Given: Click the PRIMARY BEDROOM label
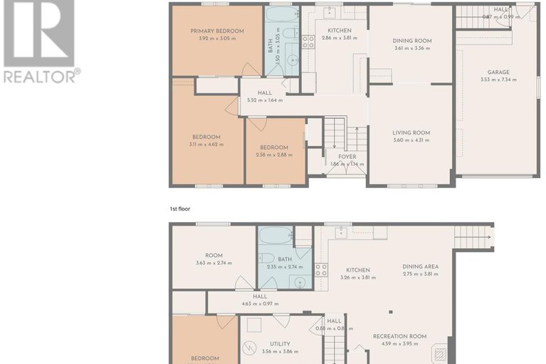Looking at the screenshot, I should point(217,31).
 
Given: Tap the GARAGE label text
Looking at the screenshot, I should point(498,72).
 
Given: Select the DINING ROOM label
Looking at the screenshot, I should point(412,41).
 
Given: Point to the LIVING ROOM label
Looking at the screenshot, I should point(411,132).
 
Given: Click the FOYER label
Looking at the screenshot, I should point(347,157).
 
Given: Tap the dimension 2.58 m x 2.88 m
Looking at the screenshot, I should point(273,155).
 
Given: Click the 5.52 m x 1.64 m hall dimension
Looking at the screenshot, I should point(265,100).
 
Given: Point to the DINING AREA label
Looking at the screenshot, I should point(420,266).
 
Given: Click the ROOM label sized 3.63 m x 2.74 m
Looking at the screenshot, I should point(214,255).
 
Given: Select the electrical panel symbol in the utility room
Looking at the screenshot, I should point(250,348).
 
